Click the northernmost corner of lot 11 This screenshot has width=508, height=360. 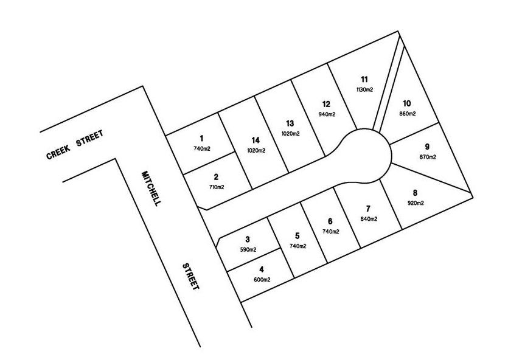(x=398, y=32)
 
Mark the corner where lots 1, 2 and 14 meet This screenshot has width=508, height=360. (x=235, y=151)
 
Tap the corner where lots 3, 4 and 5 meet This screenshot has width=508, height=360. (x=280, y=249)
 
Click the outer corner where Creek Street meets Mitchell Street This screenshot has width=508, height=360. (x=142, y=86)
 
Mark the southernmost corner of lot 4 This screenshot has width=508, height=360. (x=241, y=302)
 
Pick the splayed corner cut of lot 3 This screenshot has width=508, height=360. (x=218, y=243)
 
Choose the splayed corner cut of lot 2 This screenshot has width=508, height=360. (x=202, y=208)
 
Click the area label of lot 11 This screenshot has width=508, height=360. (x=364, y=89)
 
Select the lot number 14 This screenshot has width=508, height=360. (x=256, y=140)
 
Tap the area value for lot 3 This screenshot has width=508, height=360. (x=248, y=249)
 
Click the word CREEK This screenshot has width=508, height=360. (x=58, y=153)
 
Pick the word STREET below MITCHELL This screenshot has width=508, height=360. (x=190, y=276)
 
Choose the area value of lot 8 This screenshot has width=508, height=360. (x=416, y=203)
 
